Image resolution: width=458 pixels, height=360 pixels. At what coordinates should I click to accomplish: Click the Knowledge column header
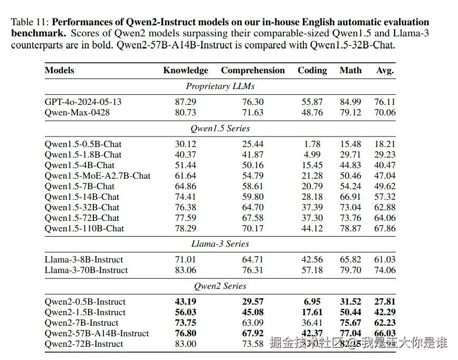point(186,71)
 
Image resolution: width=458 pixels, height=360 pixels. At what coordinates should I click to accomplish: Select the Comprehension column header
point(253,71)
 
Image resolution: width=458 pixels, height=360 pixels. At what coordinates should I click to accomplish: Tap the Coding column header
point(312,71)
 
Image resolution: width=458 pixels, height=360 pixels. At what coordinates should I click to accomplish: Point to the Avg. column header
point(385,71)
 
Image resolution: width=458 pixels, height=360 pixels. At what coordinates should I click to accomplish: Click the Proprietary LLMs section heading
point(220,86)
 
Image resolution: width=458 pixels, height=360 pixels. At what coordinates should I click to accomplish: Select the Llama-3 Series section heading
point(220,244)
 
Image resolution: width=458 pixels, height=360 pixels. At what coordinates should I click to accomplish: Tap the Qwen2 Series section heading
point(220,286)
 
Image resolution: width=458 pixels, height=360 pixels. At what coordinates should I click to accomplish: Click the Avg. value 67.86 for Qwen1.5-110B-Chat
point(385,228)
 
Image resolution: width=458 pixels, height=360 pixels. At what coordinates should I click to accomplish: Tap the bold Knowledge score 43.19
point(186,302)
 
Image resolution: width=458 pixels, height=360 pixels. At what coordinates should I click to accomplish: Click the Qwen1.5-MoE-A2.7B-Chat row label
point(98,176)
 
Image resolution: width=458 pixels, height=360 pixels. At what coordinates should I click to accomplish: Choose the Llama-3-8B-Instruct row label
point(84,260)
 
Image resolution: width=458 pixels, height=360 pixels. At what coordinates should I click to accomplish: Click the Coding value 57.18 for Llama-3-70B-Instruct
point(312,270)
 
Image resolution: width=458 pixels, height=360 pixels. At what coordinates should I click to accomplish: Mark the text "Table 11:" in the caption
point(30,23)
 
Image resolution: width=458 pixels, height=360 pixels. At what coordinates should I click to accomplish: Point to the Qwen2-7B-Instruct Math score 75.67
point(351,323)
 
